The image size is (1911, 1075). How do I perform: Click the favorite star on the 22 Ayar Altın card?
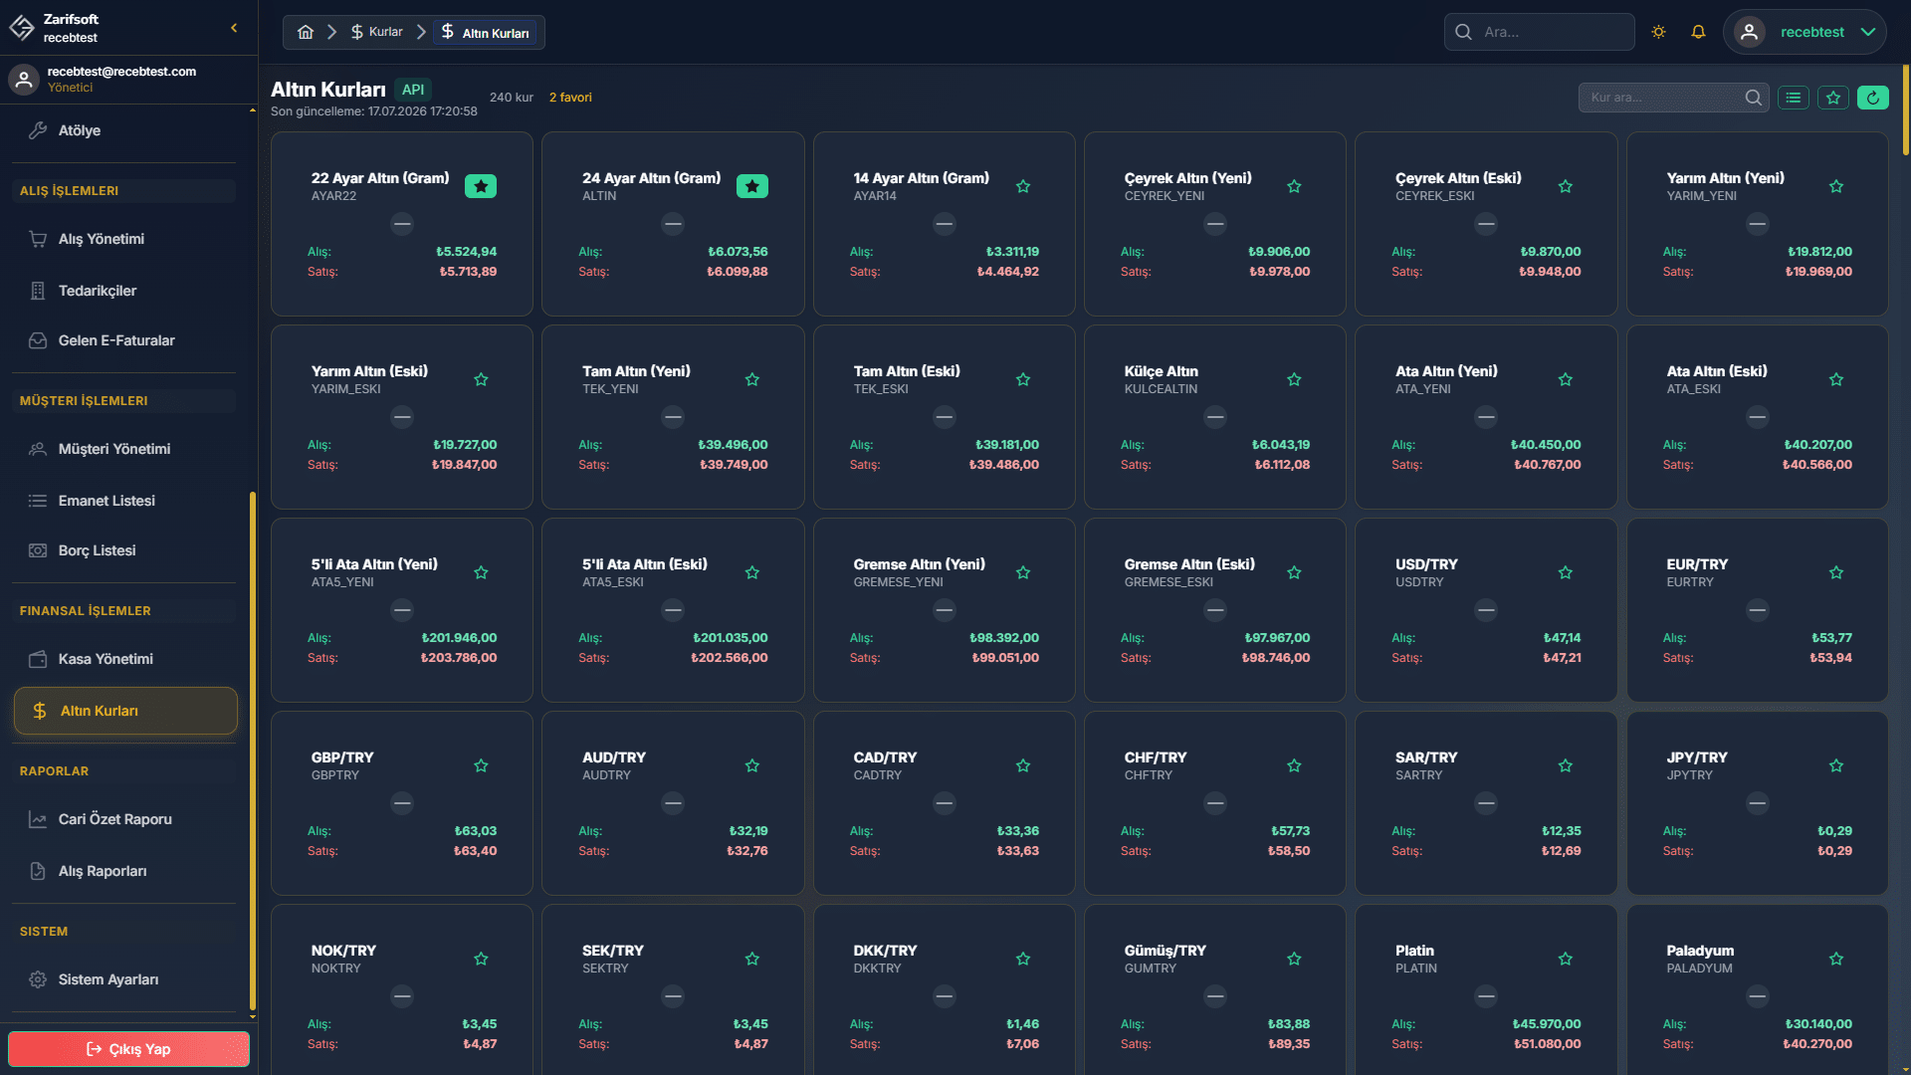(x=481, y=186)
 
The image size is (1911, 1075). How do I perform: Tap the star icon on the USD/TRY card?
(x=1566, y=572)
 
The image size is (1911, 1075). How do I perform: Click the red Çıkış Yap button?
(x=128, y=1049)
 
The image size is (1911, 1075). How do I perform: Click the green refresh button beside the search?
(x=1872, y=98)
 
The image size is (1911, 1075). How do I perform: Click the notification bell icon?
(x=1698, y=32)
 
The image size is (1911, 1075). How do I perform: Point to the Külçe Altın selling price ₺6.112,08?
(x=1282, y=465)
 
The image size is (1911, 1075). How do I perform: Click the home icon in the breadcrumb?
(x=306, y=32)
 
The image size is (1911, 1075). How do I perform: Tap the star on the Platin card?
(x=1566, y=959)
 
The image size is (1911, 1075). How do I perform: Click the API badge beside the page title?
(x=413, y=90)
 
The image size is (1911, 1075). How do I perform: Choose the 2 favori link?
(x=570, y=98)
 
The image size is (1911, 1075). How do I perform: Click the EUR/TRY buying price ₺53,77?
(x=1831, y=638)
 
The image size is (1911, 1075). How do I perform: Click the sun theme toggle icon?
(x=1658, y=32)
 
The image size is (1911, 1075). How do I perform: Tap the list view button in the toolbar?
(x=1794, y=98)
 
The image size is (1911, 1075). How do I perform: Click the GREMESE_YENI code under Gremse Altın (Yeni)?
(x=898, y=582)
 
